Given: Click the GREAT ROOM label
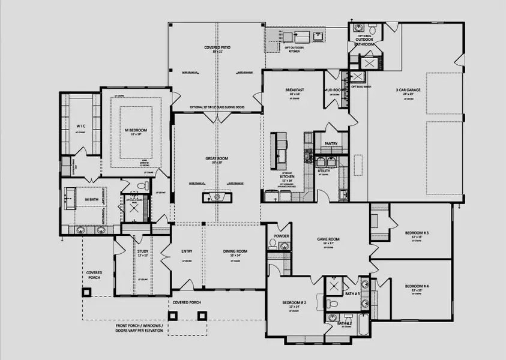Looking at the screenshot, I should [217, 159].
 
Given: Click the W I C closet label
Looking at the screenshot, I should [80, 126].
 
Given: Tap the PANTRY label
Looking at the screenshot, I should [330, 144].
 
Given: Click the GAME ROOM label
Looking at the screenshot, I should [328, 239].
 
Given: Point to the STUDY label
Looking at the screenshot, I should [142, 251].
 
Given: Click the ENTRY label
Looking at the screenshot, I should [187, 251].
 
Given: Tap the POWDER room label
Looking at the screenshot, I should [282, 236].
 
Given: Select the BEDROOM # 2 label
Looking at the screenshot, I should [294, 303].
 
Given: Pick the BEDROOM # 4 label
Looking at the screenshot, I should [416, 286].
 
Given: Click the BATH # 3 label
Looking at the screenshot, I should [352, 293].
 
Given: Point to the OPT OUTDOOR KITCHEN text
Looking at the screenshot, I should [294, 50].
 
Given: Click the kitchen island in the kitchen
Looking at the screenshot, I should [279, 149].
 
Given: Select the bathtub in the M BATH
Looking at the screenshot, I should [73, 197].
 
